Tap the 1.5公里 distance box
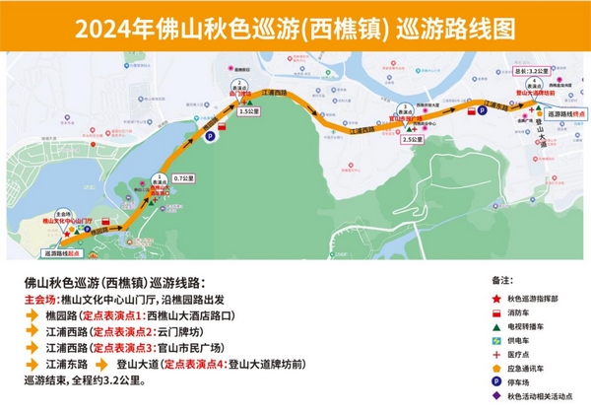(x=246, y=112)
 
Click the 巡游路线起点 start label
(x=61, y=253)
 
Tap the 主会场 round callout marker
(x=63, y=213)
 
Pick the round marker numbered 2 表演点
(x=235, y=89)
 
